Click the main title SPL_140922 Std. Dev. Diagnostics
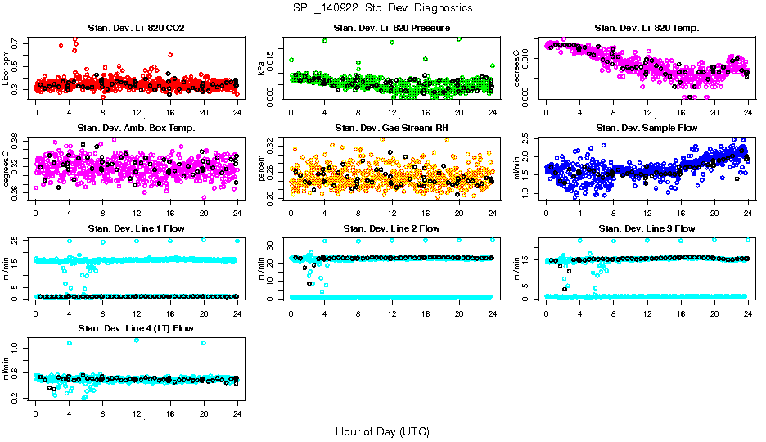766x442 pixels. click(x=382, y=8)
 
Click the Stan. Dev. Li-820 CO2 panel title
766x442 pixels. click(x=136, y=29)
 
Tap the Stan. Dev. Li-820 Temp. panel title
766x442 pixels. click(x=647, y=29)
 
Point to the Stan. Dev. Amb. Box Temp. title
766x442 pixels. click(x=136, y=129)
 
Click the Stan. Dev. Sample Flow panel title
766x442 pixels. click(x=647, y=129)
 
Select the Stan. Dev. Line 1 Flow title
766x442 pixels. click(x=136, y=228)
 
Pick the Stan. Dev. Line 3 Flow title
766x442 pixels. click(x=647, y=228)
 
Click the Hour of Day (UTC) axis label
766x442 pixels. click(x=382, y=431)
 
